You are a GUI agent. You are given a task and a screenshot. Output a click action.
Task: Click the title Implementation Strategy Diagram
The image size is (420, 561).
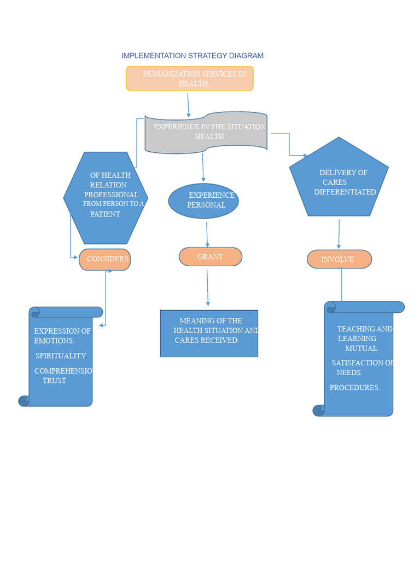192,55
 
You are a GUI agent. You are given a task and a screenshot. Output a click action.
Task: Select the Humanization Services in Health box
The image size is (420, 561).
190,78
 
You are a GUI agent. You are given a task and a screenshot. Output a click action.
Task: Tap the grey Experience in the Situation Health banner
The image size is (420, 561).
206,132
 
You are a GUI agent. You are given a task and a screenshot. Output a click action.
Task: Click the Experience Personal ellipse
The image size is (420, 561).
203,201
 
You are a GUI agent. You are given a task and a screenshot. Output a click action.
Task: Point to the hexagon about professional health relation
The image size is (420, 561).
106,197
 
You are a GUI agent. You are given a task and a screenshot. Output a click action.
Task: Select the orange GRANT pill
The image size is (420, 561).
211,256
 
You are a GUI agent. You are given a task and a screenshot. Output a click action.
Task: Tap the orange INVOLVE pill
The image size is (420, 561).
339,259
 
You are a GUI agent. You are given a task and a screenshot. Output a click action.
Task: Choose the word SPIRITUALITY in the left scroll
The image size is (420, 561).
61,356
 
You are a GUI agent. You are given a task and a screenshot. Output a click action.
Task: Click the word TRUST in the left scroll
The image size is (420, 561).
55,380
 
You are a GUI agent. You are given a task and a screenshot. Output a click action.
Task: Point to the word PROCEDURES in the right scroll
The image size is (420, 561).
354,387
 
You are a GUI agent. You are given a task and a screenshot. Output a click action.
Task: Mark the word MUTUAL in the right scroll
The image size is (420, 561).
361,348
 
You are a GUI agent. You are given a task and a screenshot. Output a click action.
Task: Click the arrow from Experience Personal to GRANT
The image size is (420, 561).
207,234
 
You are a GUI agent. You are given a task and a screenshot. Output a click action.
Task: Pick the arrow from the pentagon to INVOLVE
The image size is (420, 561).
339,234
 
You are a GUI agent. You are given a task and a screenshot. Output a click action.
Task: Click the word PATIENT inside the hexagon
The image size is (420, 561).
105,214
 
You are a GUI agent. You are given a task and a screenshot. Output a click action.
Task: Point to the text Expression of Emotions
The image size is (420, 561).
62,336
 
